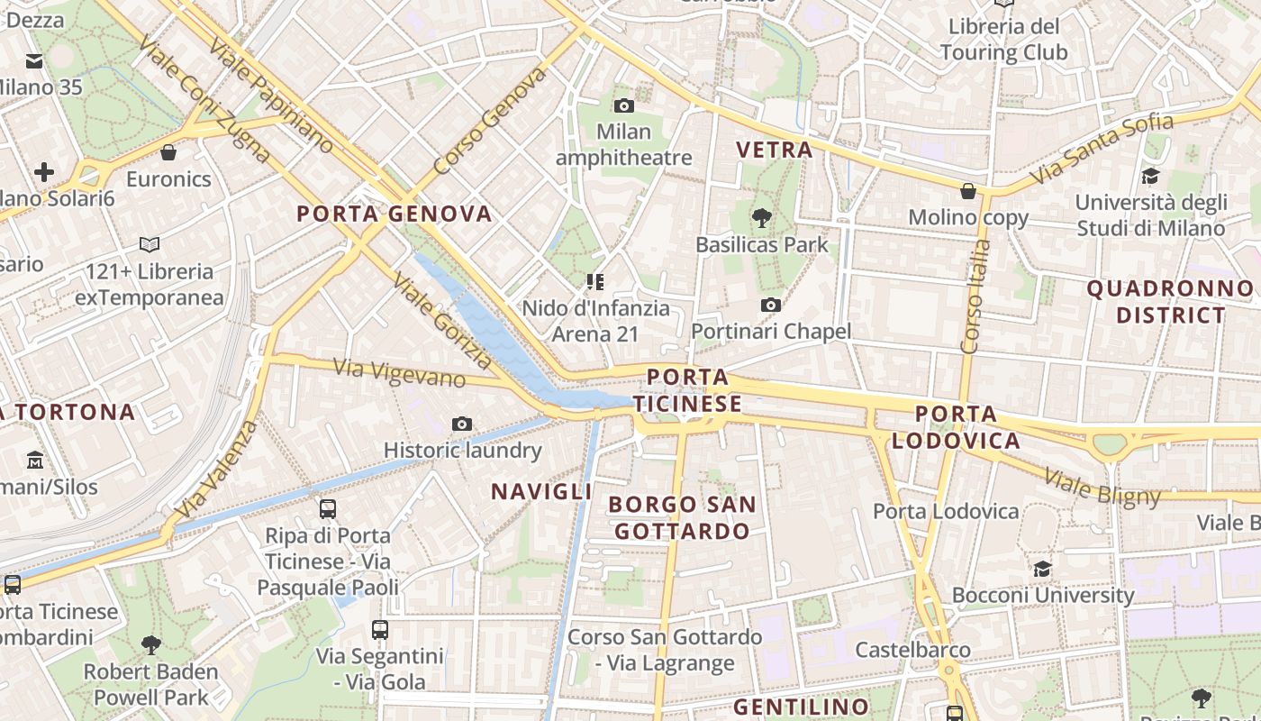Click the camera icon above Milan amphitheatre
[623, 106]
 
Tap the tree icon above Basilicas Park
[762, 217]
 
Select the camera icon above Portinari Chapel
[770, 306]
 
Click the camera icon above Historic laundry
[462, 424]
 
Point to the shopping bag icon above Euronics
[168, 152]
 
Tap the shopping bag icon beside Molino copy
[968, 191]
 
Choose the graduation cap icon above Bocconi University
[1042, 569]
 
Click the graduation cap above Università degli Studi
[1150, 176]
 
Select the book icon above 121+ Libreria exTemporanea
[150, 244]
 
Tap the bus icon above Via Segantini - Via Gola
[380, 630]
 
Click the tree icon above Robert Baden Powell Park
[150, 645]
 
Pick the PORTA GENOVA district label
[395, 214]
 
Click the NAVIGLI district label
[541, 491]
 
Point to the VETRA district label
[775, 150]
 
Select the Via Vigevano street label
[399, 372]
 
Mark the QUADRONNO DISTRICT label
[1170, 302]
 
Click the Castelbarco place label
[912, 650]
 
